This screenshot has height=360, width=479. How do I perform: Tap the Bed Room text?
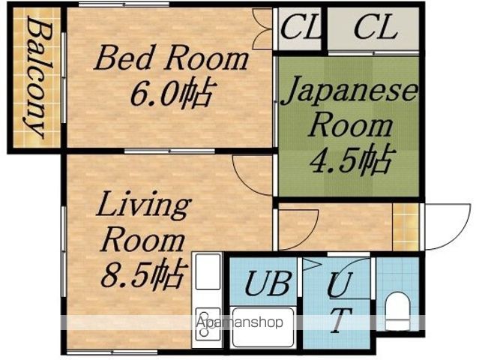(171, 58)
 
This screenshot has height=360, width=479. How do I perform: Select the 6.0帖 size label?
(172, 94)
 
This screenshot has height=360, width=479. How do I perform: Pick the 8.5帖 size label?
(144, 274)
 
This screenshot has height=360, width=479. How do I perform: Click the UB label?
(268, 283)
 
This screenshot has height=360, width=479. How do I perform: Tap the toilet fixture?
(397, 311)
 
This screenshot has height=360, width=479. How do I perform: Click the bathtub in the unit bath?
(262, 327)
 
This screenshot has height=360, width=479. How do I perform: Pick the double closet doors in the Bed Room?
(262, 29)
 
